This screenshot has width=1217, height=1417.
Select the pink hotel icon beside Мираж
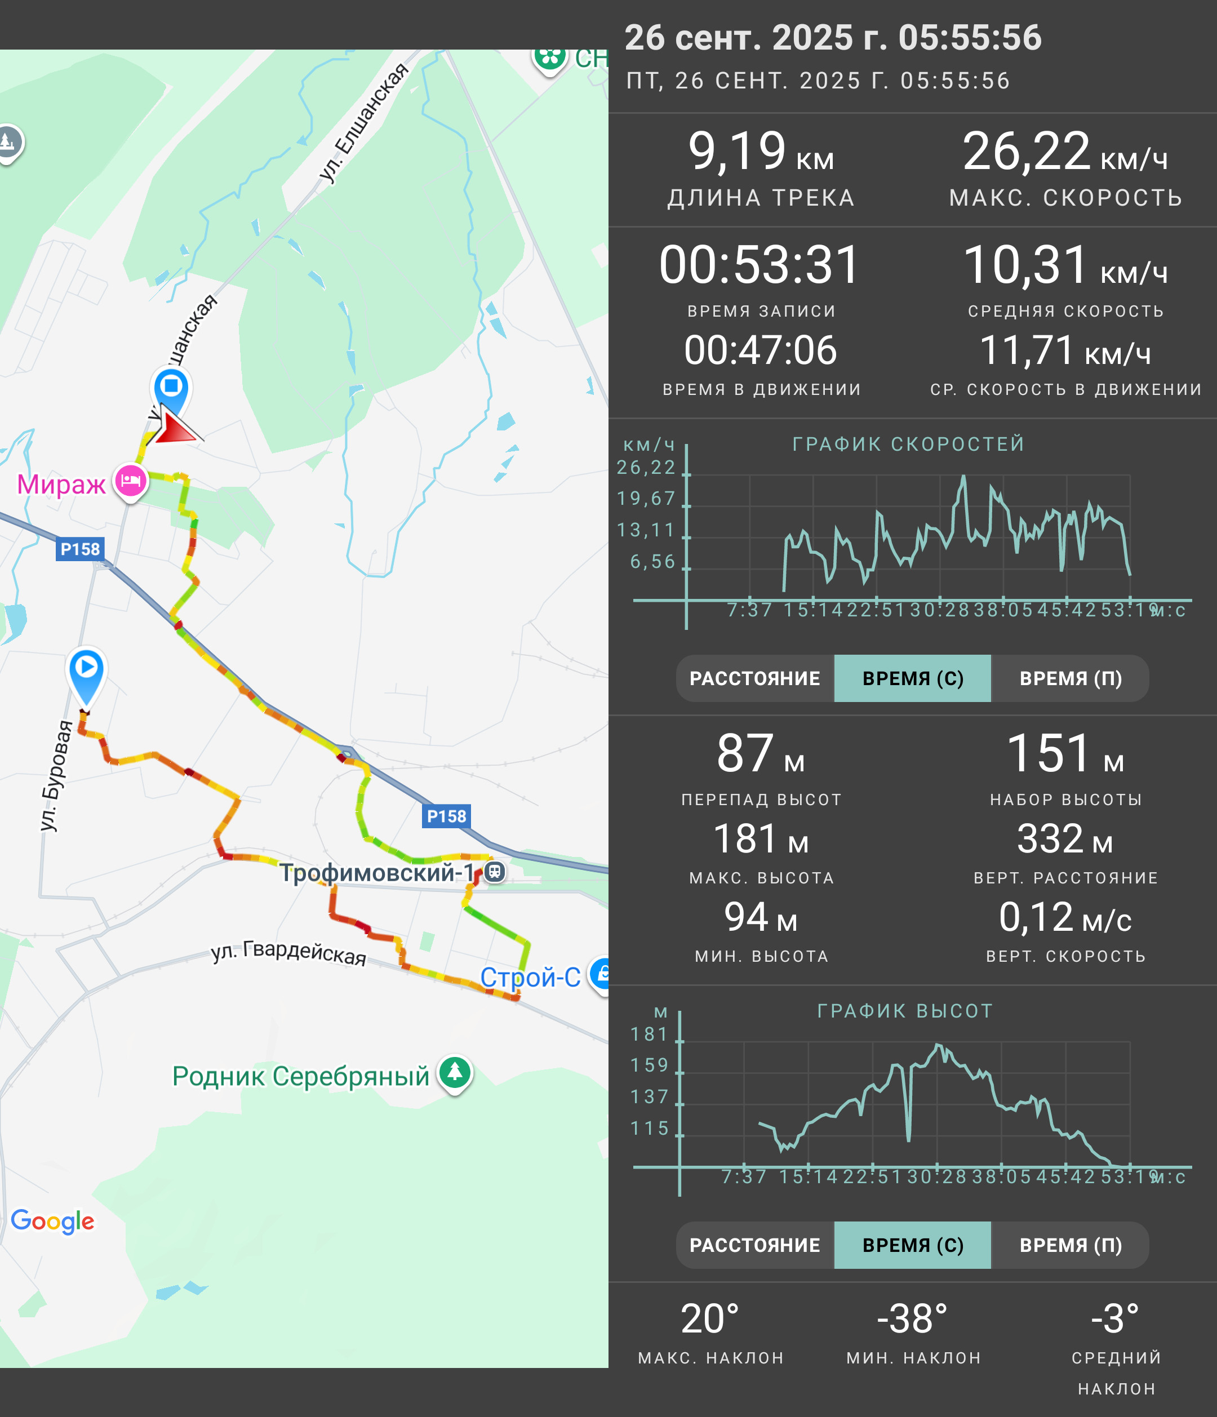pos(131,482)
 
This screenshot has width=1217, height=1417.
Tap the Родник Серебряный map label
pos(301,1077)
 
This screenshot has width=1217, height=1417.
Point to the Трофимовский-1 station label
pos(377,873)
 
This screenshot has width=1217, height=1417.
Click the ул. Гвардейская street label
pos(288,952)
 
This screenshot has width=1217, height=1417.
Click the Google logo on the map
pos(52,1221)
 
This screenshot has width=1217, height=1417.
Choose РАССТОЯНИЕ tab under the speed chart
pos(755,678)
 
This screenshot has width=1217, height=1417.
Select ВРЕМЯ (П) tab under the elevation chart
pos(1071,1245)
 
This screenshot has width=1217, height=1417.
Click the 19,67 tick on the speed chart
pos(646,499)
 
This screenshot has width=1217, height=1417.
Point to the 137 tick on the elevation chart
pos(649,1097)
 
